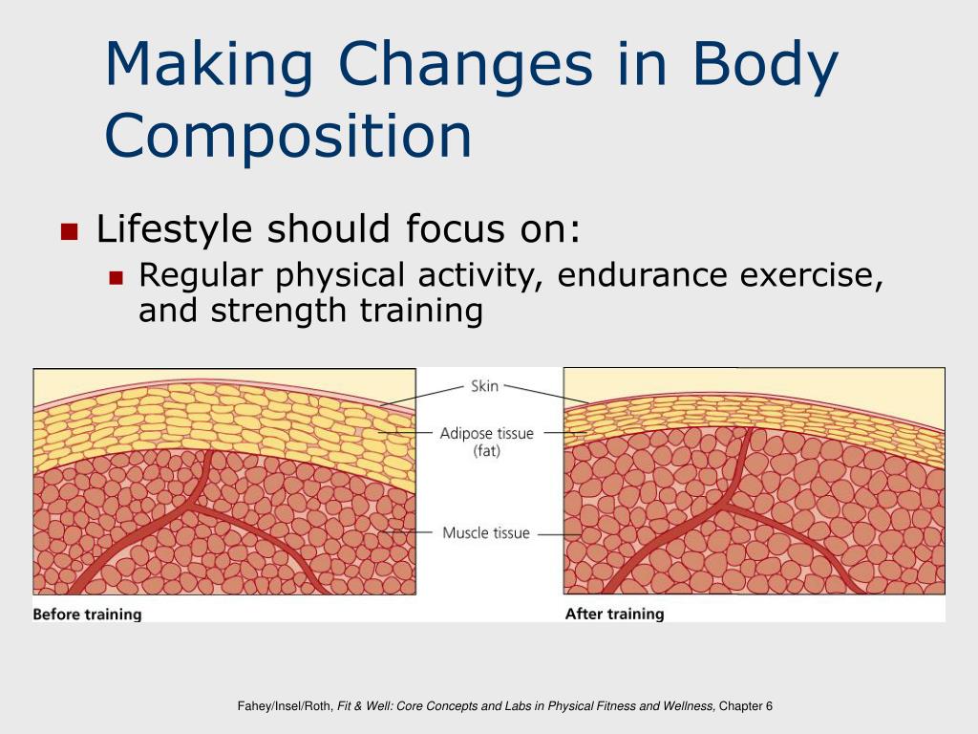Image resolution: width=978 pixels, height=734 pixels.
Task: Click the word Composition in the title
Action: coord(287,135)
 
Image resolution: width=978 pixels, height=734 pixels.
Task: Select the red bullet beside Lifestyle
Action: coord(69,231)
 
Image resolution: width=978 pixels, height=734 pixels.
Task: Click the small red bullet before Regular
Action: coord(117,278)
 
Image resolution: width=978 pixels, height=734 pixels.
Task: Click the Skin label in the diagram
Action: coord(484,387)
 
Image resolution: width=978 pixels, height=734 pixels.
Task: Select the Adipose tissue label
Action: coord(486,433)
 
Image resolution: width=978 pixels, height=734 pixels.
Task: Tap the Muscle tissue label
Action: coord(485,532)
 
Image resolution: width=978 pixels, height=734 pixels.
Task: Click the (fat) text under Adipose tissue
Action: coord(486,451)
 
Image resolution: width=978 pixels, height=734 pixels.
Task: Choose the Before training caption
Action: coord(87,614)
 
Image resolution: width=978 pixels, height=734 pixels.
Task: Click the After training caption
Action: coord(614,614)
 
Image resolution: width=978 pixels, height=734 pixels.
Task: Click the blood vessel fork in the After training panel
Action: coord(733,497)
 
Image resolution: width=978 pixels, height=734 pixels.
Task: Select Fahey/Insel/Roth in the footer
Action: coord(285,706)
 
